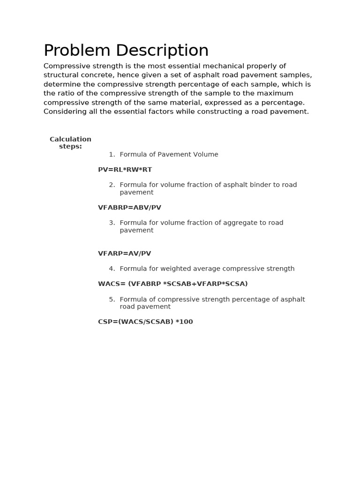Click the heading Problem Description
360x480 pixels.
tap(126, 51)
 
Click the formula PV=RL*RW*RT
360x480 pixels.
tap(125, 170)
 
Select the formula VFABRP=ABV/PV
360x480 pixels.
tap(129, 208)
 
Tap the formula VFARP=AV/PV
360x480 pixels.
tap(124, 254)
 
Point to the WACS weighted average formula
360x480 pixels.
tap(172, 284)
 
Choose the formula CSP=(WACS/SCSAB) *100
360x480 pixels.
tap(145, 322)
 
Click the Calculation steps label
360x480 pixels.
tap(70, 142)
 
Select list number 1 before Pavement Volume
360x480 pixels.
tap(112, 155)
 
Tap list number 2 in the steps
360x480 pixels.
tap(112, 185)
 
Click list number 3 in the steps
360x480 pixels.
tap(112, 223)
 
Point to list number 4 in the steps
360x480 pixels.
tap(112, 269)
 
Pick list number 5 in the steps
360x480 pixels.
tap(112, 300)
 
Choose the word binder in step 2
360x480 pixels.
tap(245, 185)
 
